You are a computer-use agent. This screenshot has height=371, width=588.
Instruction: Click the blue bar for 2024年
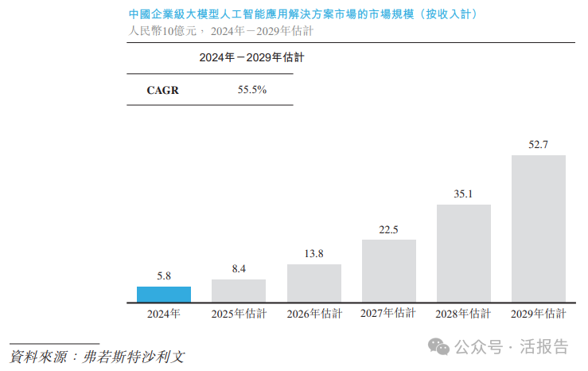[x=164, y=295]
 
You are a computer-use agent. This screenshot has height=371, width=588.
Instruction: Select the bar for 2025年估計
[x=239, y=291]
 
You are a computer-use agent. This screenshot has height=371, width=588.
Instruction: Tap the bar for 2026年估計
[x=314, y=283]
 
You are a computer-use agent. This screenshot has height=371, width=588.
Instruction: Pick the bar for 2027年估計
[x=389, y=271]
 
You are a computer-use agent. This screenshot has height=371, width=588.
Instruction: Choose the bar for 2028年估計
[x=464, y=253]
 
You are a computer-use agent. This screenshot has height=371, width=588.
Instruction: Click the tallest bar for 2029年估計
[x=539, y=228]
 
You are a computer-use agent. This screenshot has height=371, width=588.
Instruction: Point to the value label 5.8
[x=164, y=276]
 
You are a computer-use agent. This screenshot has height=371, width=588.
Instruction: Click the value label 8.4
[x=239, y=269]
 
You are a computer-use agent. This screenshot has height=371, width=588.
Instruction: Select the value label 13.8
[x=314, y=254]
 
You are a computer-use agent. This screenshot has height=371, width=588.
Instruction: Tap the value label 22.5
[x=389, y=229]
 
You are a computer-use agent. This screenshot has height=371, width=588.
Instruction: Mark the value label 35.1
[x=464, y=193]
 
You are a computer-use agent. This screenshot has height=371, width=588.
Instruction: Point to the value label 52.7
[x=539, y=144]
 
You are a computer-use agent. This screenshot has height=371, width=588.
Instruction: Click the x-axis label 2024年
[x=164, y=314]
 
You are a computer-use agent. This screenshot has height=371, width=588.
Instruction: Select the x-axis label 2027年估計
[x=389, y=314]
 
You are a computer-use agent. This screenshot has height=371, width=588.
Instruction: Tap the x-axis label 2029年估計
[x=539, y=314]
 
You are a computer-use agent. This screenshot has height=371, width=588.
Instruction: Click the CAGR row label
[x=163, y=90]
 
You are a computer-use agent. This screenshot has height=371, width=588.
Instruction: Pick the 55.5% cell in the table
[x=252, y=90]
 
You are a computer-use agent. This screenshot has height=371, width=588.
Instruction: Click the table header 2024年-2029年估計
[x=252, y=58]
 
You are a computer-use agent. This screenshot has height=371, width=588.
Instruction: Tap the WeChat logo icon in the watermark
[x=439, y=346]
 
